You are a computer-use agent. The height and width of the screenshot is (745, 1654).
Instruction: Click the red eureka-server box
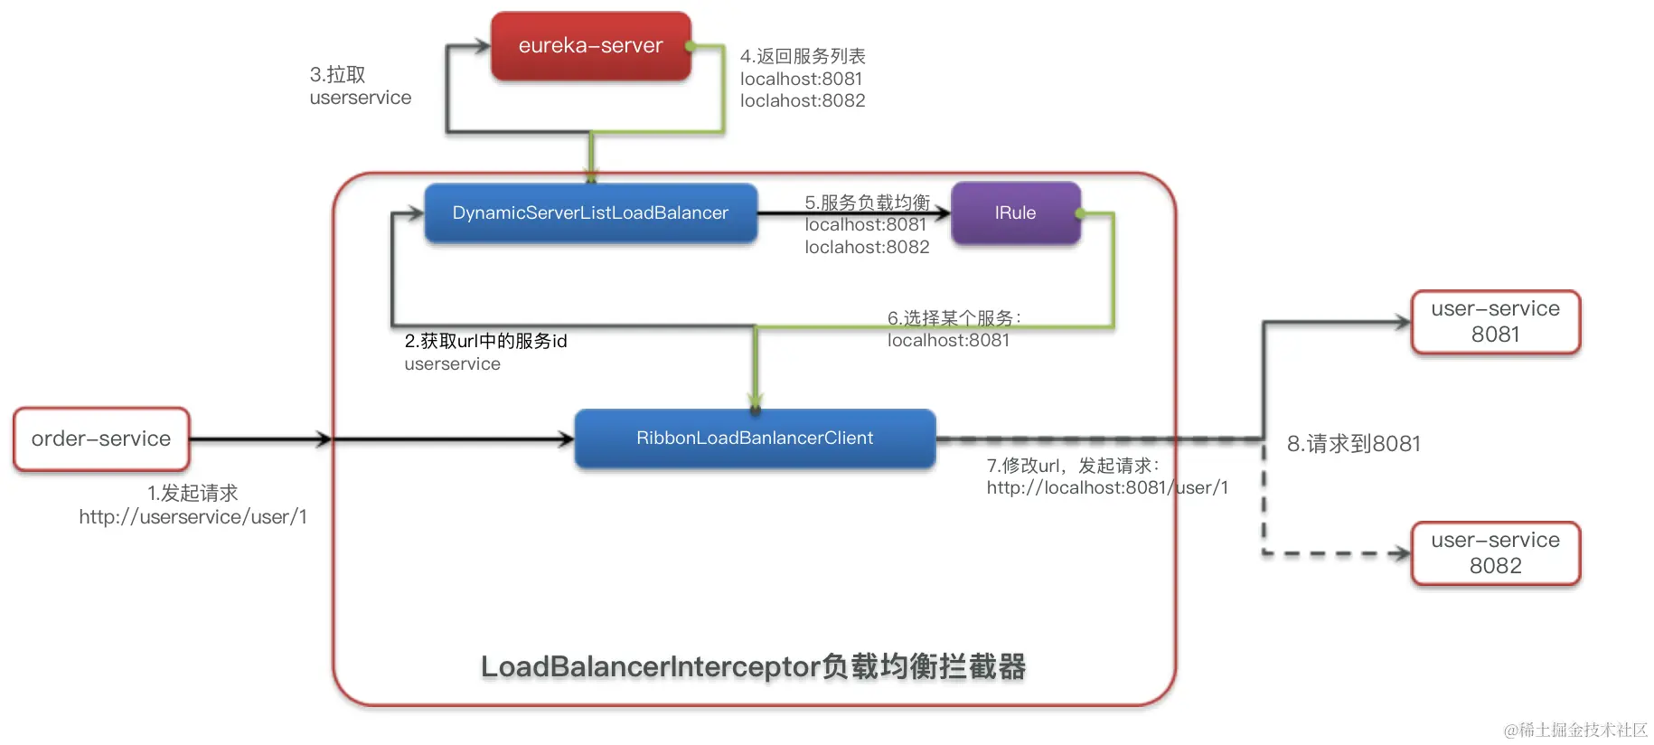pyautogui.click(x=590, y=46)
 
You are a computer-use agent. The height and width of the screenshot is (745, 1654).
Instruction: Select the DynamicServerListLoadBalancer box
pyautogui.click(x=590, y=213)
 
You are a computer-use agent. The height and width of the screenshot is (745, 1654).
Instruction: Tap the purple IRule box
pyautogui.click(x=1015, y=213)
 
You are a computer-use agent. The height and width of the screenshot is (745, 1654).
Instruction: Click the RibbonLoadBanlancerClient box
pyautogui.click(x=755, y=439)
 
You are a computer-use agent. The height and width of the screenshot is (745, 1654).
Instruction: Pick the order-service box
pyautogui.click(x=101, y=439)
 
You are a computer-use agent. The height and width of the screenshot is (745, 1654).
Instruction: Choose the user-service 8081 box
pyautogui.click(x=1495, y=322)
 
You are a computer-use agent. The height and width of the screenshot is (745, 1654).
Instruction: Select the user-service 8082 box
pyautogui.click(x=1495, y=553)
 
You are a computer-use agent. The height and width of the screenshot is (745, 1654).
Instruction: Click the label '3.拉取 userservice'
pyautogui.click(x=360, y=86)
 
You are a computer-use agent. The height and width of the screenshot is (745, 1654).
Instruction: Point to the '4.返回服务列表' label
pyautogui.click(x=803, y=56)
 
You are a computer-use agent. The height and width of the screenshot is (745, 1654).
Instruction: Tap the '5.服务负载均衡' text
pyautogui.click(x=867, y=202)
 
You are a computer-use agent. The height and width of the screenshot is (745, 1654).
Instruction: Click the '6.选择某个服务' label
pyautogui.click(x=954, y=318)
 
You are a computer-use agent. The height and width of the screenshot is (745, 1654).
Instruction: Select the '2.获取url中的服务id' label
pyautogui.click(x=485, y=341)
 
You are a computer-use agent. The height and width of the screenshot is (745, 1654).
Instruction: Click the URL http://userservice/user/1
pyautogui.click(x=193, y=517)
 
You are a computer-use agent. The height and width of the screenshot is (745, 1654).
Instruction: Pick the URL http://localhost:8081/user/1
pyautogui.click(x=1107, y=488)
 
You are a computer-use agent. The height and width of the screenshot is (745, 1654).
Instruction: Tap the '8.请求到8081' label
pyautogui.click(x=1353, y=444)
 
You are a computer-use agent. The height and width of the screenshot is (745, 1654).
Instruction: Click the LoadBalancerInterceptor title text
pyautogui.click(x=753, y=667)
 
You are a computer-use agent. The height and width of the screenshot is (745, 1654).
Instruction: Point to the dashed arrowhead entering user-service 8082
pyautogui.click(x=1402, y=553)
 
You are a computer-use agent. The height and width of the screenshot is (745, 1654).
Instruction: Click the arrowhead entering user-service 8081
pyautogui.click(x=1402, y=322)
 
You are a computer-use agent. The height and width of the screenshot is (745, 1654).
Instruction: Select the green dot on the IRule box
pyautogui.click(x=1079, y=213)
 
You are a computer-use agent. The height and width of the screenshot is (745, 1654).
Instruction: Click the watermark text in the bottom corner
pyautogui.click(x=1574, y=730)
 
